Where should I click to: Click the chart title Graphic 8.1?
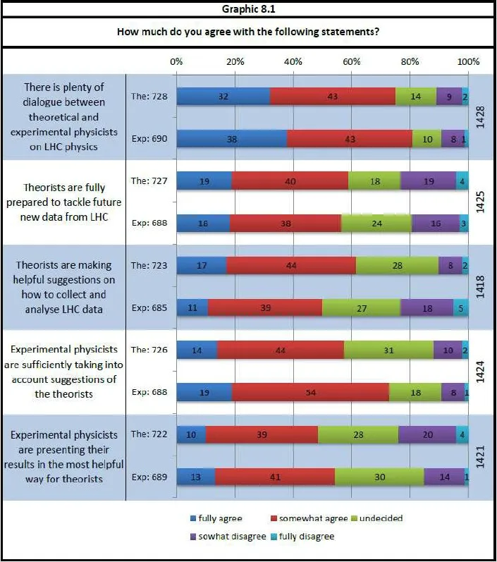(248, 9)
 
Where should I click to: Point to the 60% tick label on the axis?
(351, 61)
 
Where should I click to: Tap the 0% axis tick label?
(176, 61)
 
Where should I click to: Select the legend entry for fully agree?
(216, 518)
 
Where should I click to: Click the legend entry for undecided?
(376, 518)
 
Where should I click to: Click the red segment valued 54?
(310, 393)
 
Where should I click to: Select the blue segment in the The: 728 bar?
(223, 97)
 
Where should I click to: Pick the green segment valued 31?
(388, 350)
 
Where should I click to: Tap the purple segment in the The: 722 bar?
(427, 435)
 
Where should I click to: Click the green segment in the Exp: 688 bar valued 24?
(376, 224)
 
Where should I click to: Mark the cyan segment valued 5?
(461, 308)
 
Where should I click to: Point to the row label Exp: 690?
(149, 139)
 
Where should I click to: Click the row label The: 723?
(149, 266)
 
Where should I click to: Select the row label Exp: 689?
(149, 477)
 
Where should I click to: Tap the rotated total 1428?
(480, 117)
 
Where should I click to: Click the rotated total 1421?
(480, 457)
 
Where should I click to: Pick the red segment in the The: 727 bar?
(290, 181)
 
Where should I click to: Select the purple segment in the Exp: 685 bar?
(427, 308)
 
